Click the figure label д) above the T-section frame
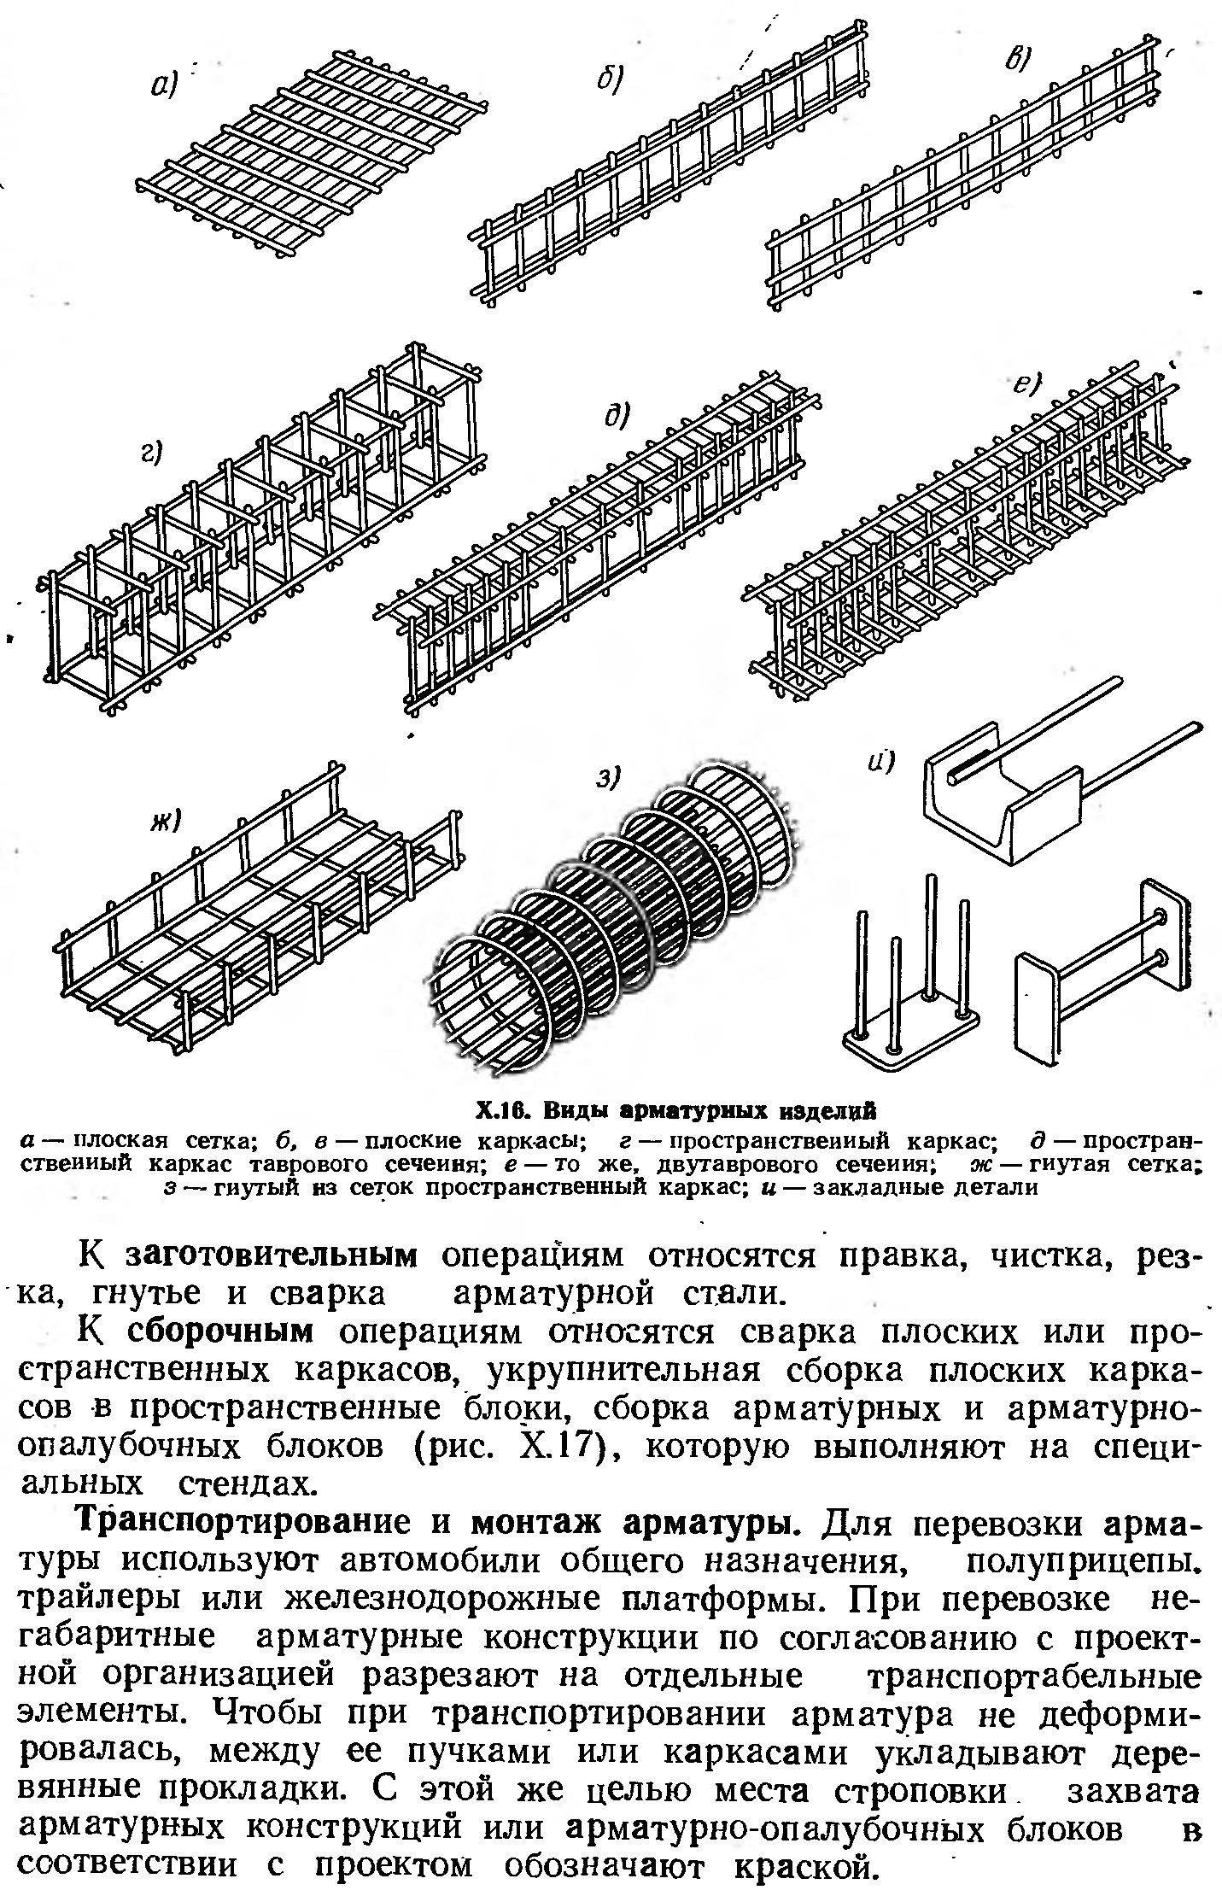[616, 416]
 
